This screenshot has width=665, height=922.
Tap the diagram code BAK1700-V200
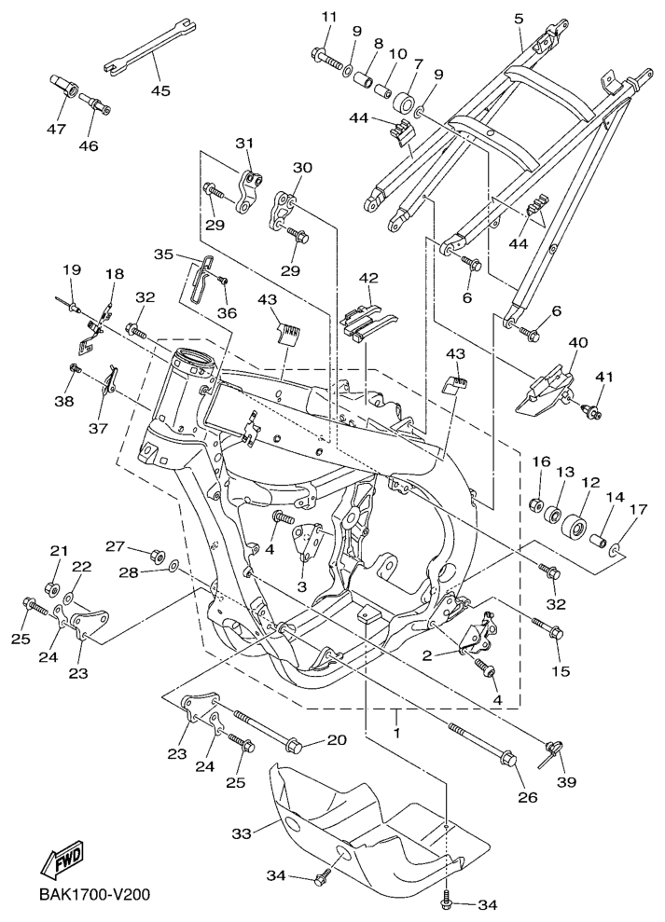tap(93, 895)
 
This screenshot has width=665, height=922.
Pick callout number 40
tap(578, 343)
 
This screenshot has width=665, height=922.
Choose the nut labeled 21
tap(53, 588)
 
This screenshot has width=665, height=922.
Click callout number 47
tap(56, 129)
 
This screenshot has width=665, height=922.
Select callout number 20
tap(336, 739)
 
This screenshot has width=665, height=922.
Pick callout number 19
tap(72, 269)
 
